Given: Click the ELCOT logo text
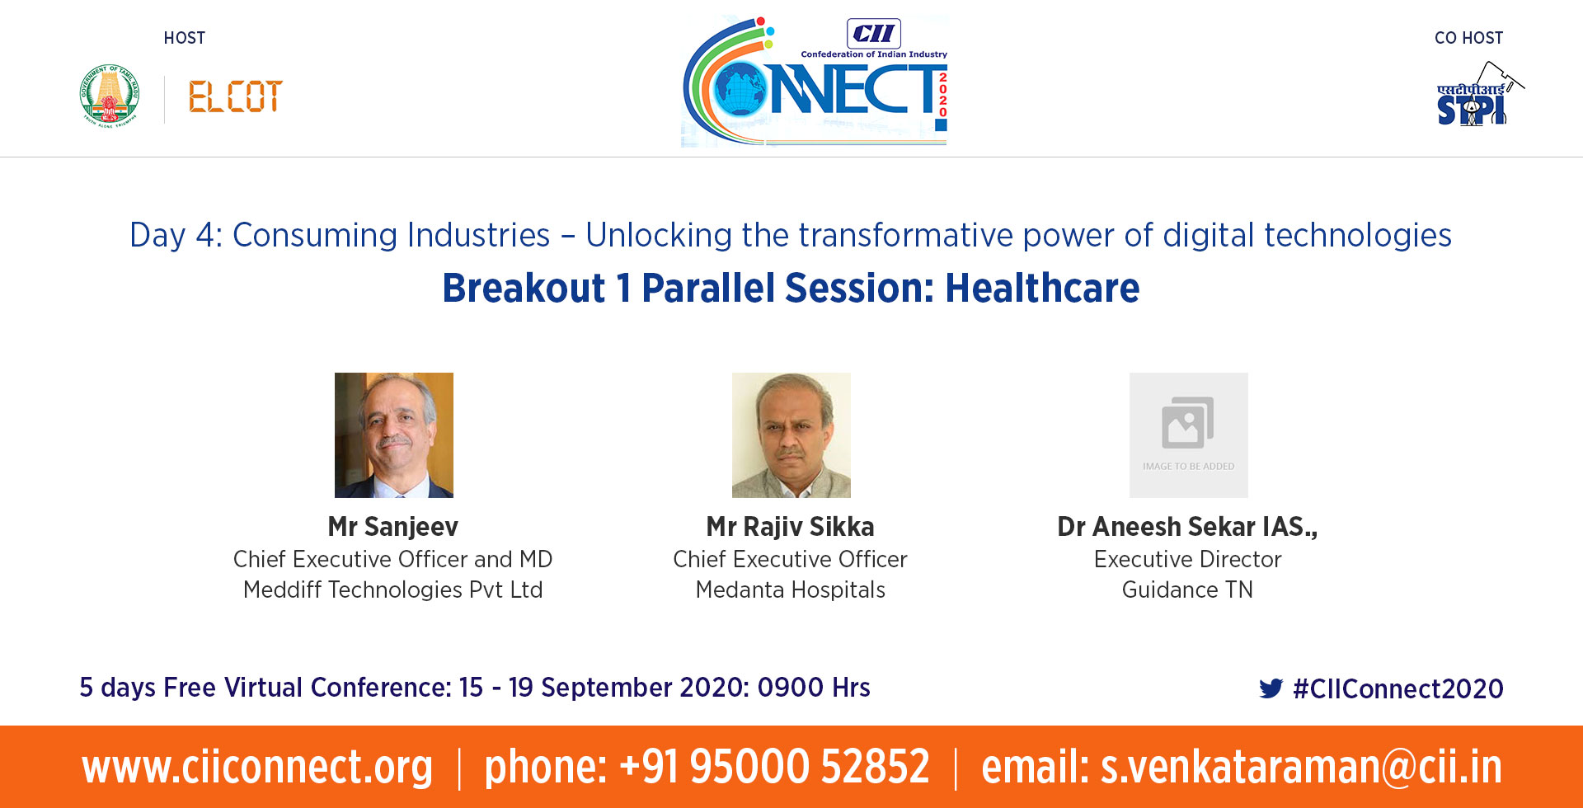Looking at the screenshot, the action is [x=236, y=96].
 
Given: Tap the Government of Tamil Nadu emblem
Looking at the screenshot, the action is [x=110, y=95].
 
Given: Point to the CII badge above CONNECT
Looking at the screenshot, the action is [x=874, y=34].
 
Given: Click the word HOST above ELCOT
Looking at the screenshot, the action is [x=185, y=38].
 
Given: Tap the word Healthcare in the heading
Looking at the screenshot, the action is [x=1042, y=288].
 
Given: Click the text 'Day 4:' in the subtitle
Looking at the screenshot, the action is [x=176, y=236].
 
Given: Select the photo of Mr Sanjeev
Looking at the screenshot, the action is [x=394, y=435].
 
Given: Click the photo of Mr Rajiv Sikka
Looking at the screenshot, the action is [x=791, y=435].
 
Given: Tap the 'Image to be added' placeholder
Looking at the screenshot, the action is [x=1189, y=435].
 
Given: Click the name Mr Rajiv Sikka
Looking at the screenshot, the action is [x=791, y=527].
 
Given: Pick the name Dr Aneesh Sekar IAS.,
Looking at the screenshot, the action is [x=1188, y=527].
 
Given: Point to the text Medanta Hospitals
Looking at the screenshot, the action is [x=791, y=590].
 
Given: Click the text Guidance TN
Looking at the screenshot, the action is [x=1188, y=590].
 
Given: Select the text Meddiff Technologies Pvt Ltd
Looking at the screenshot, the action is [x=393, y=590].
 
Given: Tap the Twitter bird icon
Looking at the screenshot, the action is [x=1271, y=688].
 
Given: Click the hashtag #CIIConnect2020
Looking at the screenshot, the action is [x=1398, y=688].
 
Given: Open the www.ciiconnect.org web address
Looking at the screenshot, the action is [x=257, y=768].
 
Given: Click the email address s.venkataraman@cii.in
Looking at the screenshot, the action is [x=1302, y=768].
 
